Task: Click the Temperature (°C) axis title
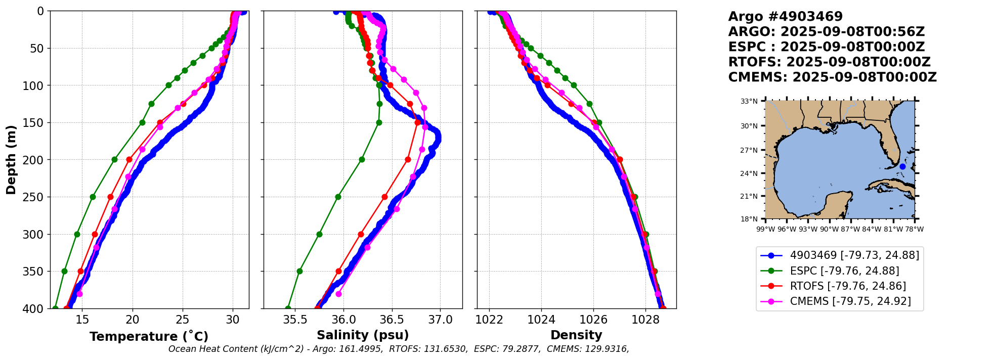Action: (x=149, y=337)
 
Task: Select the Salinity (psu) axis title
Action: (x=363, y=335)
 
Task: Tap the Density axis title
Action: (x=576, y=335)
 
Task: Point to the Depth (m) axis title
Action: (x=11, y=160)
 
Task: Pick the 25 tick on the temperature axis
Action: (x=183, y=320)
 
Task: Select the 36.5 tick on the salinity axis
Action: (x=392, y=320)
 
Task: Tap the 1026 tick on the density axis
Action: (x=593, y=320)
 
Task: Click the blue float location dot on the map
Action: (x=902, y=166)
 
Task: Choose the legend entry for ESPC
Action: (x=844, y=271)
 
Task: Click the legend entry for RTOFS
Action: (x=848, y=286)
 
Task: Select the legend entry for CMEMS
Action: (x=850, y=301)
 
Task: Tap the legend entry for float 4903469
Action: (x=854, y=255)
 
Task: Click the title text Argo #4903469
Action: (x=785, y=17)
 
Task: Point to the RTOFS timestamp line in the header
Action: (x=829, y=62)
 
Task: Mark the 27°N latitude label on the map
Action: (x=749, y=150)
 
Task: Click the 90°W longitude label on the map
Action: (x=829, y=229)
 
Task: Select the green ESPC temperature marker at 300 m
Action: (x=77, y=234)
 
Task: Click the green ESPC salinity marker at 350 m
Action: (x=299, y=271)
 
